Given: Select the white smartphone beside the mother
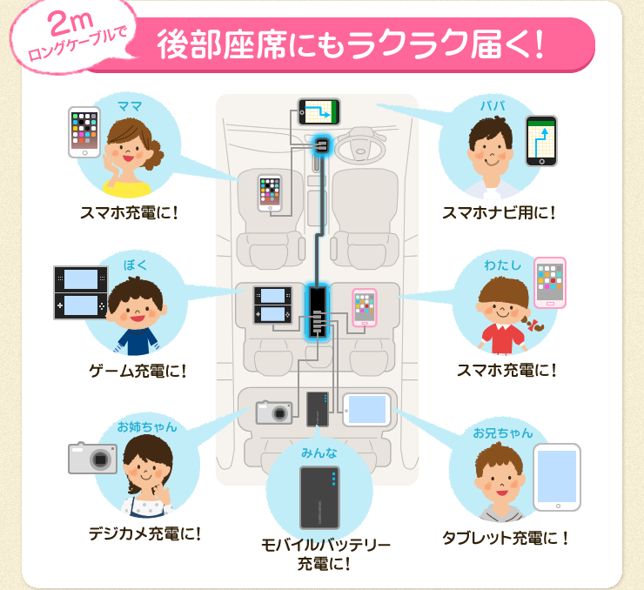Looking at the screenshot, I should [84, 132].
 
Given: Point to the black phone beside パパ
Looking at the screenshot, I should [541, 141].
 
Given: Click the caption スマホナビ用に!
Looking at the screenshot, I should [499, 212].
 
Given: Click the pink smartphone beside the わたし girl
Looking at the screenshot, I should [550, 283].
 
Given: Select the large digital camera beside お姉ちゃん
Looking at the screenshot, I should [92, 457].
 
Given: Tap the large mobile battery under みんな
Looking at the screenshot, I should [324, 496].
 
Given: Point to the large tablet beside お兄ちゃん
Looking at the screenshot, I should [556, 478].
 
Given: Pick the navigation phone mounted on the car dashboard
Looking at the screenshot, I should [319, 111].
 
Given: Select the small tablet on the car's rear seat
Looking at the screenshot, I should [365, 409].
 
